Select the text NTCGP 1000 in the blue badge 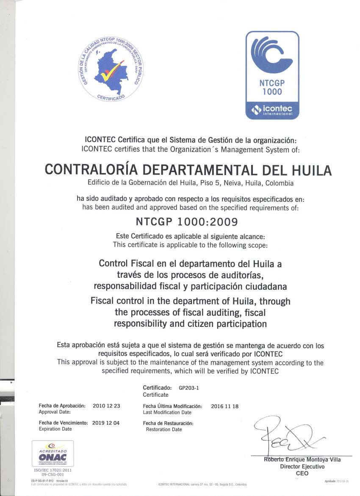272,87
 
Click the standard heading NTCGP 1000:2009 186,221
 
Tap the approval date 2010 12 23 106,406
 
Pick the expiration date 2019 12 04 106,423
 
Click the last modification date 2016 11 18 224,406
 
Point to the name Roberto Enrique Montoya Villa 302,460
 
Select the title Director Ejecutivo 302,466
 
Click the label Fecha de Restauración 168,423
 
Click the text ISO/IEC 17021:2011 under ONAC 53,470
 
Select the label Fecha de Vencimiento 63,423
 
